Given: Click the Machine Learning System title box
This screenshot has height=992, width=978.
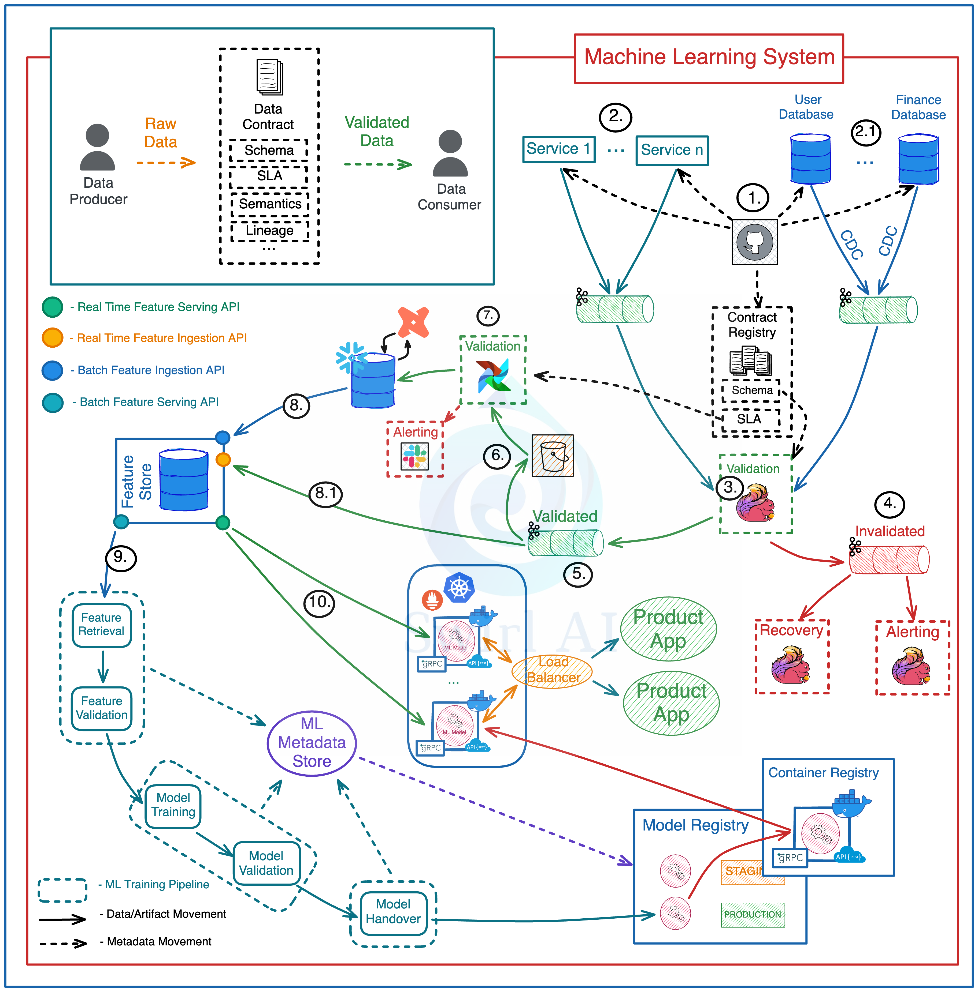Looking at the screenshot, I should [709, 58].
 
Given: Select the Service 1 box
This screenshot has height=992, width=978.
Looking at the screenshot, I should [559, 149].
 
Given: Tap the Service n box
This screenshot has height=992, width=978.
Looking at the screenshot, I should [672, 150].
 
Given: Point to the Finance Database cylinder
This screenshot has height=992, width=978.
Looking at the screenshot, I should [918, 159].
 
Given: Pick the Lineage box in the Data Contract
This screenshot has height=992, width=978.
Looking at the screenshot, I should [270, 230].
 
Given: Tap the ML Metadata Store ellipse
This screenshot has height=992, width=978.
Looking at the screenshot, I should [312, 743].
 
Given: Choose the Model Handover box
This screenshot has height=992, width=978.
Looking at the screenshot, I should [393, 911].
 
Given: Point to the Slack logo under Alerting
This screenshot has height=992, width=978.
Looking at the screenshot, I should [414, 456].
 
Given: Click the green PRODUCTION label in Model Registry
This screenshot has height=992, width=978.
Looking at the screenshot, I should [753, 915].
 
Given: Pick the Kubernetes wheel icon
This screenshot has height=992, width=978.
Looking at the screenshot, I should [459, 588].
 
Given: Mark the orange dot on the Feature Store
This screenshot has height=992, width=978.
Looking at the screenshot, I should [223, 459].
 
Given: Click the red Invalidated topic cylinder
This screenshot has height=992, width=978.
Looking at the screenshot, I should [889, 559].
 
